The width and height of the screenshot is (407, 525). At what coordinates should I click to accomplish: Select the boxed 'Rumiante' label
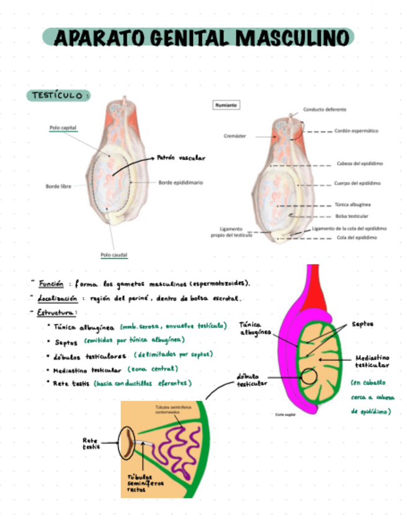tap(226, 105)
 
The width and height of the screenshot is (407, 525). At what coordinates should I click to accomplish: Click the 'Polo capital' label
tap(63, 128)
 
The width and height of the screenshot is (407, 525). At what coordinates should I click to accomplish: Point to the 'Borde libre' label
tap(58, 186)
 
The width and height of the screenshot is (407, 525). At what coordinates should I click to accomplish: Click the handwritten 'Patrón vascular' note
tap(181, 158)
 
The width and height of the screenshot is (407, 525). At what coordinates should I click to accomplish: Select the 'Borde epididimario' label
tap(180, 183)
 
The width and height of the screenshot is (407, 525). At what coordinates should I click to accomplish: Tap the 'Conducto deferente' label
tap(324, 110)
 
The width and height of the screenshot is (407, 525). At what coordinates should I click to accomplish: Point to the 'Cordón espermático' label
tap(356, 131)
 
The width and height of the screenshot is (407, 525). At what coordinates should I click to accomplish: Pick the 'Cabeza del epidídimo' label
tap(359, 163)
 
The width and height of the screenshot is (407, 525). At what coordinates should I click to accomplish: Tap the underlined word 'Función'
tap(51, 284)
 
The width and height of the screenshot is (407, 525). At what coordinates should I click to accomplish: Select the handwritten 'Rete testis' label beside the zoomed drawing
tap(91, 443)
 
